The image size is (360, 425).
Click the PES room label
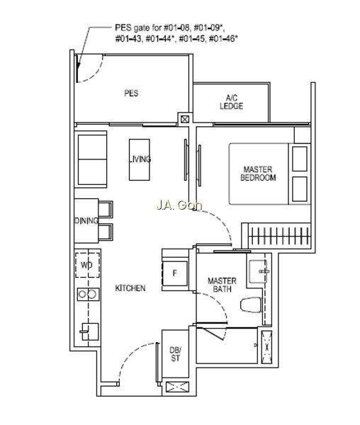pyautogui.click(x=131, y=93)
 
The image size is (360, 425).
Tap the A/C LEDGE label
pyautogui.click(x=231, y=102)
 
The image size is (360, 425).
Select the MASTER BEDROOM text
pyautogui.click(x=258, y=174)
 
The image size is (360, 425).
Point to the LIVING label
pyautogui.click(x=140, y=159)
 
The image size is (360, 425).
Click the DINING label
pyautogui.click(x=86, y=220)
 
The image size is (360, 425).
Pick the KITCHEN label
pyautogui.click(x=130, y=288)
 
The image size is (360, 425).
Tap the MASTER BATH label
pyautogui.click(x=222, y=285)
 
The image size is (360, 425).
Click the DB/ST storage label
pyautogui.click(x=175, y=354)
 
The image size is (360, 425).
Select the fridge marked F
pyautogui.click(x=175, y=273)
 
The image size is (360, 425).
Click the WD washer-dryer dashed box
pyautogui.click(x=87, y=265)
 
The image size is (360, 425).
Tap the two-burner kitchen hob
pyautogui.click(x=89, y=294)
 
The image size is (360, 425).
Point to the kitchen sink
pyautogui.click(x=89, y=331)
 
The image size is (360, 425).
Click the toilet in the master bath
pyautogui.click(x=251, y=305)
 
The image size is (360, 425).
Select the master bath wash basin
pyautogui.click(x=259, y=271)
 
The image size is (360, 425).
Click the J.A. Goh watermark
pyautogui.click(x=179, y=205)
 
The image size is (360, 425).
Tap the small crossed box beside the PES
pyautogui.click(x=185, y=119)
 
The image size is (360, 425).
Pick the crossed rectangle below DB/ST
pyautogui.click(x=177, y=387)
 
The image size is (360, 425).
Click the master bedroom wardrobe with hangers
pyautogui.click(x=279, y=236)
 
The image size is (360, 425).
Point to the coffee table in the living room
pyautogui.click(x=140, y=159)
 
